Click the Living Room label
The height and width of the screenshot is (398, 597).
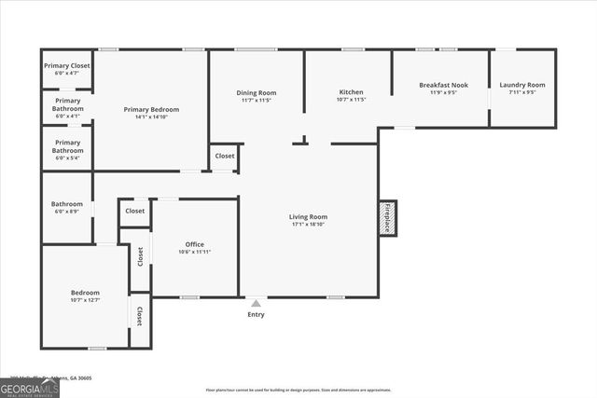click(308, 217)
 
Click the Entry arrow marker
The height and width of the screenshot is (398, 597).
click(256, 302)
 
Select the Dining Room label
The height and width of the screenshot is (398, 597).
click(256, 92)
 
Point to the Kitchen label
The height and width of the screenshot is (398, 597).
click(351, 92)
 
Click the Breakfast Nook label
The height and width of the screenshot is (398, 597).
click(443, 85)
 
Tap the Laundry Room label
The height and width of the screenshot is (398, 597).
click(522, 85)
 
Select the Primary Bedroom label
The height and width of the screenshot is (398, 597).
click(151, 109)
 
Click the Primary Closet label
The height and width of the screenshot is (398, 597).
click(67, 66)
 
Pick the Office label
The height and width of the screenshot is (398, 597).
click(194, 244)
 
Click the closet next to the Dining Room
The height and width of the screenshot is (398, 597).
click(224, 157)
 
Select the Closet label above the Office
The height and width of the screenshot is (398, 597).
click(135, 211)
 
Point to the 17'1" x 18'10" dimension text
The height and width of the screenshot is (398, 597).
click(308, 225)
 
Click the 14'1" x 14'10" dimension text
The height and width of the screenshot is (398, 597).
click(151, 117)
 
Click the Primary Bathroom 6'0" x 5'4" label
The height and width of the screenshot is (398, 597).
click(67, 146)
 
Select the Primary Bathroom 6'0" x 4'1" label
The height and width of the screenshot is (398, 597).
click(67, 104)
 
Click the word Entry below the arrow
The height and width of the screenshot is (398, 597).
click(256, 314)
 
